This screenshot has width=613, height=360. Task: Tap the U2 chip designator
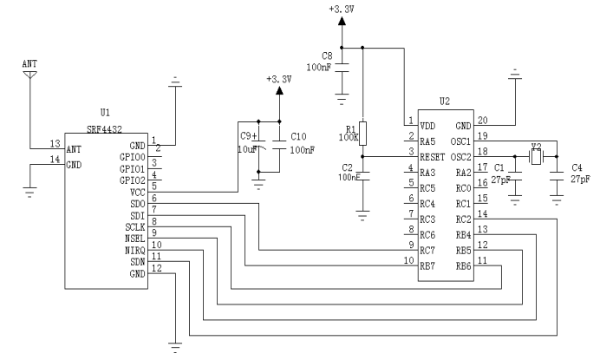(x=444, y=101)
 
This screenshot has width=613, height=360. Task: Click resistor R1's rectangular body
(x=363, y=133)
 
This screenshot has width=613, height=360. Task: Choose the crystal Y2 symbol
(x=535, y=157)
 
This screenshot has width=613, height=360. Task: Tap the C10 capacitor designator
(x=298, y=137)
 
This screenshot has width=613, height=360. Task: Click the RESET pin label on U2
(x=433, y=157)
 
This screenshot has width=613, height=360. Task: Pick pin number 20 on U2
(x=483, y=120)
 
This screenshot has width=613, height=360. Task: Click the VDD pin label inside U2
(x=428, y=125)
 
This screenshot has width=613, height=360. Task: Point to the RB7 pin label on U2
(x=427, y=265)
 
